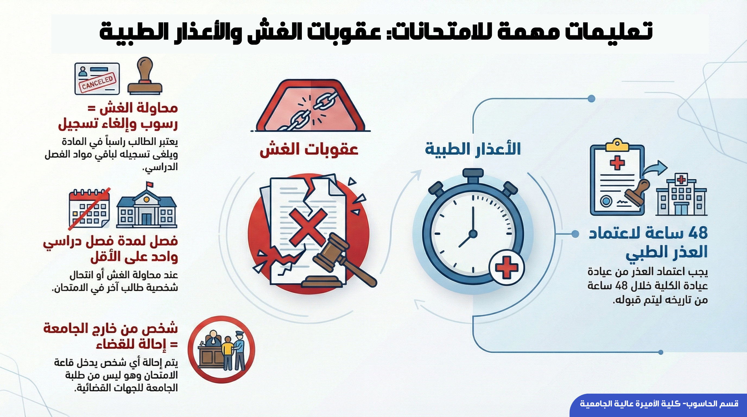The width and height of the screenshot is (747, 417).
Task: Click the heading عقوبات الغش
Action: (x=309, y=150)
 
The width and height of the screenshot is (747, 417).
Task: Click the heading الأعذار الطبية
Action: (x=473, y=149)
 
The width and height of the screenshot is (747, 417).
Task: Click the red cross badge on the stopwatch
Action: (x=506, y=267)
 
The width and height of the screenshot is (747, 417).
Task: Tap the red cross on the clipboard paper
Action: (x=617, y=163)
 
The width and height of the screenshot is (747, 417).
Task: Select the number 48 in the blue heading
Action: (x=698, y=233)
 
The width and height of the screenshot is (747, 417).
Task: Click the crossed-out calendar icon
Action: (x=89, y=208)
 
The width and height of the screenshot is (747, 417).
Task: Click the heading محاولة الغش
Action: (x=139, y=108)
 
